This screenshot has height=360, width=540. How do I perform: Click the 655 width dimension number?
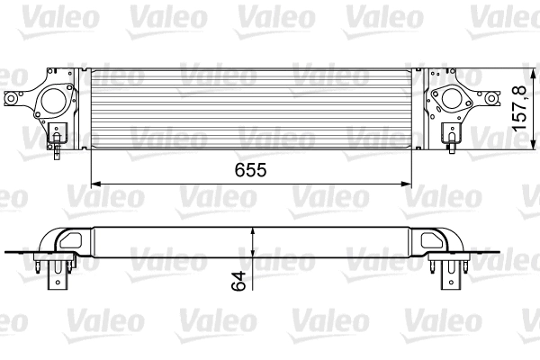pos(251,169)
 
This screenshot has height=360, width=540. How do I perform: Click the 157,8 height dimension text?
pos(518,109)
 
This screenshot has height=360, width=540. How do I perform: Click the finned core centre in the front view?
pos(252,106)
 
